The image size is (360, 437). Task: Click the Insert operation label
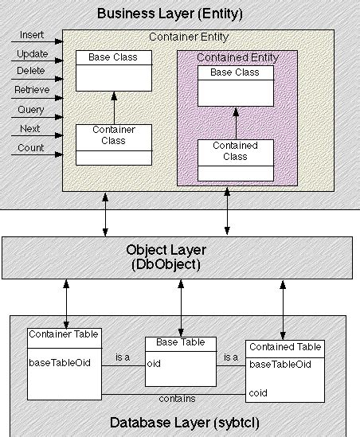pos(32,36)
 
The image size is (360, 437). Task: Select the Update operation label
pos(33,54)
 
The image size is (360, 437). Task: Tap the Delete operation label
pos(32,72)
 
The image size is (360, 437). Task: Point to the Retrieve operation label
pos(33,90)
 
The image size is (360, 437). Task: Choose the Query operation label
pos(31,109)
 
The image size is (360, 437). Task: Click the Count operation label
pos(30,147)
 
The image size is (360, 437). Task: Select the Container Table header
pos(63,334)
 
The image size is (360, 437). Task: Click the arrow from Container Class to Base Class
pos(113,107)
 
